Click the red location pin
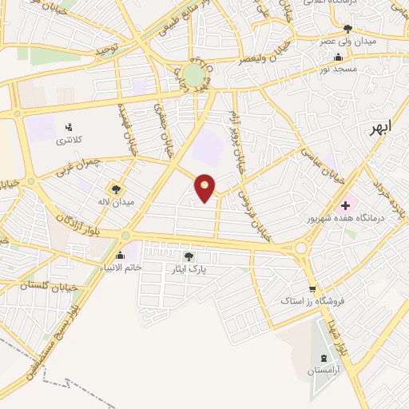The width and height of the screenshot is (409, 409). tap(205, 188)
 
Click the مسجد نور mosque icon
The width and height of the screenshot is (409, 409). tap(341, 58)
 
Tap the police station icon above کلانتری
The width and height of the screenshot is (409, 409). tap(67, 126)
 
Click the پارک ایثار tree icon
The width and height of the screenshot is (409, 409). tap(189, 256)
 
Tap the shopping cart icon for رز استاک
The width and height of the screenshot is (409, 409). tap(312, 288)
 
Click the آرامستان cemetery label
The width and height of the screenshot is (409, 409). tap(324, 372)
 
